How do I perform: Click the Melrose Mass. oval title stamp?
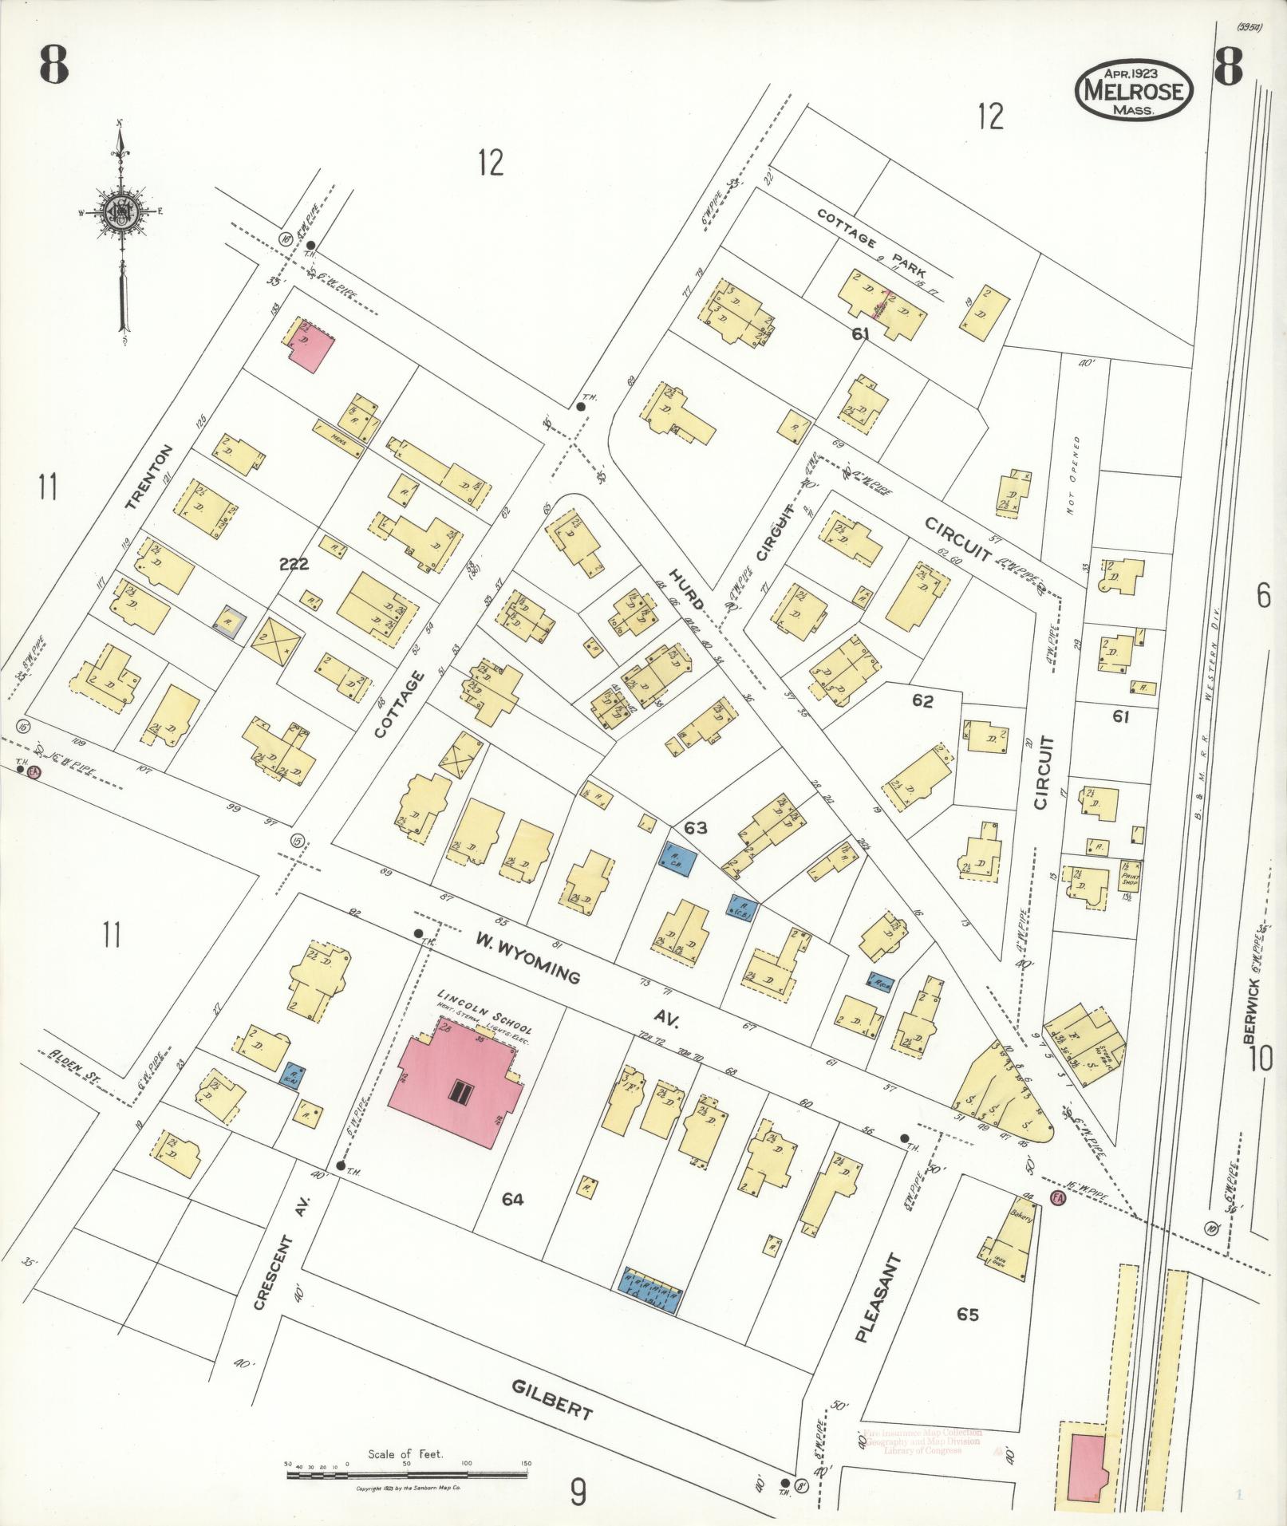click(1134, 91)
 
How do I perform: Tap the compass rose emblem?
click(120, 214)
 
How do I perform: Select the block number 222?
click(294, 565)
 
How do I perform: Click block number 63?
click(695, 828)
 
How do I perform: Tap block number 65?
click(967, 1314)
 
